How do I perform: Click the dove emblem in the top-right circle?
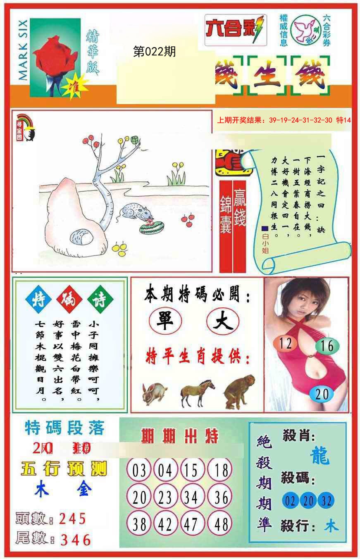pos(306,30)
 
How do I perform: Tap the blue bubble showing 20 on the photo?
pos(322,394)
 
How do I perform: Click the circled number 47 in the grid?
pos(191,524)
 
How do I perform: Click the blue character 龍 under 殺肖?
pos(319,457)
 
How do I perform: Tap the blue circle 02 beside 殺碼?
pos(290,501)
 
